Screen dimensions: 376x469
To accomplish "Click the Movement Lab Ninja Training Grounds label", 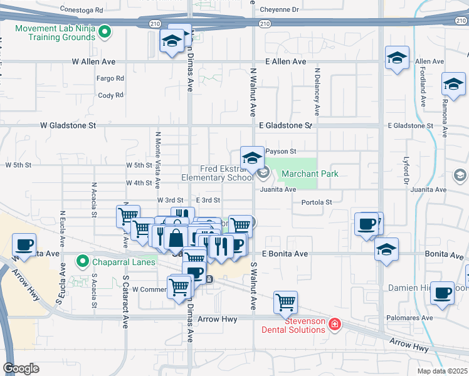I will (55, 33).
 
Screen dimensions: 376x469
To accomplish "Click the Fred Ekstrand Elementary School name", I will (227, 173).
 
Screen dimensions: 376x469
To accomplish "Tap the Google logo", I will (21, 368).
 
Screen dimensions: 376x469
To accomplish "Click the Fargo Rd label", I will (110, 79).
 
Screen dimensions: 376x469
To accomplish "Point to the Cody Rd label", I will (110, 96).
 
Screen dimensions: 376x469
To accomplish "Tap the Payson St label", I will (280, 152).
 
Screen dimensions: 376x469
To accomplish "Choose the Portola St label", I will (317, 202).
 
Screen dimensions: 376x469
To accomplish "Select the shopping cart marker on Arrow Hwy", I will (285, 303).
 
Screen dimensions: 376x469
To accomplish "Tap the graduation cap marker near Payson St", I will (252, 157).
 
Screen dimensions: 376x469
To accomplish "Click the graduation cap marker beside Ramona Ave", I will (453, 84).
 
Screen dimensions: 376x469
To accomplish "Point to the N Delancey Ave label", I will (317, 92).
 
